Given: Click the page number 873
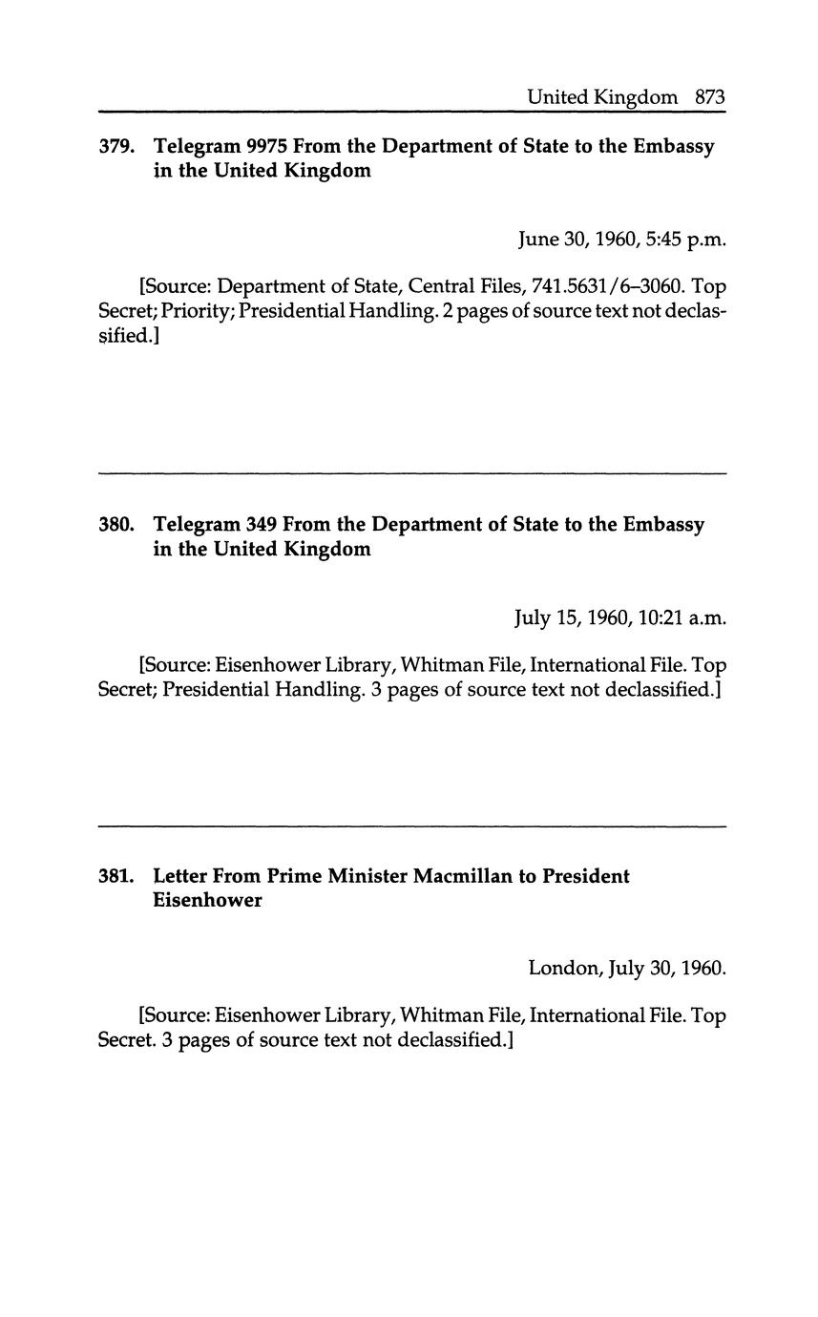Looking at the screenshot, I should [x=710, y=97].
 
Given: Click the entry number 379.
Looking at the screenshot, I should [x=116, y=147].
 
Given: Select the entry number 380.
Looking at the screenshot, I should [x=116, y=525].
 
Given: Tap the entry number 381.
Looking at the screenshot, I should [x=116, y=876].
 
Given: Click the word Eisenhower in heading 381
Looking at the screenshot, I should [x=207, y=901].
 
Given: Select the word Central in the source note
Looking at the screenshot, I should [x=446, y=286].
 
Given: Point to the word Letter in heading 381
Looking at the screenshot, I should [x=180, y=876].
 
